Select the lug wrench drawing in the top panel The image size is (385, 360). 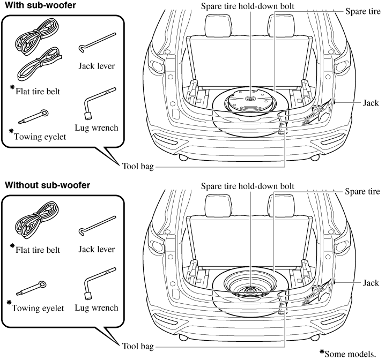point(99,103)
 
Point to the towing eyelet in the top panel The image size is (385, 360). point(33,116)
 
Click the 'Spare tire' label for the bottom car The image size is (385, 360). point(362,191)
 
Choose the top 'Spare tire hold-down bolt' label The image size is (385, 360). point(247,6)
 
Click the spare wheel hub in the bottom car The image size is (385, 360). point(249,289)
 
